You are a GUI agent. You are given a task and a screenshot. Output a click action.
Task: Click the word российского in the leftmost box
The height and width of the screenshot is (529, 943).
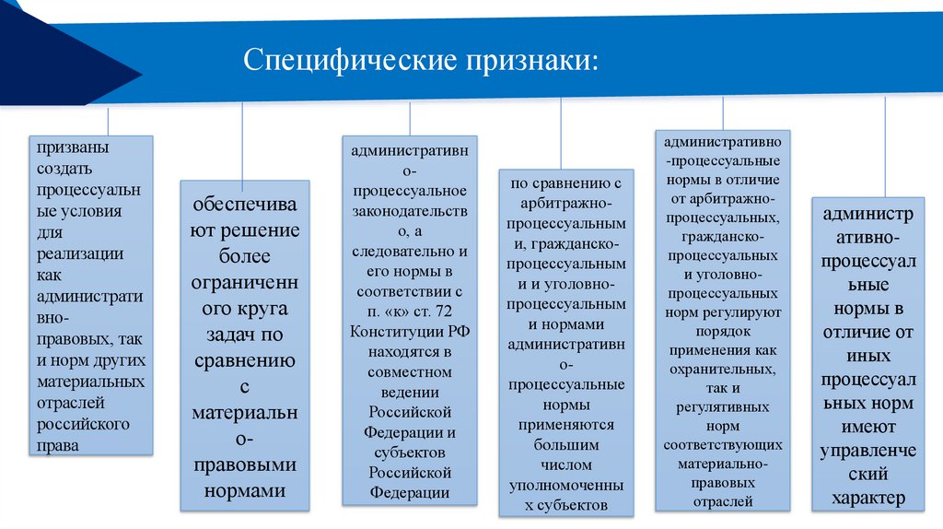tap(84, 424)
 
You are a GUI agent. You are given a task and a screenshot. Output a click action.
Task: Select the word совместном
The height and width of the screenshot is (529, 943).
tap(410, 371)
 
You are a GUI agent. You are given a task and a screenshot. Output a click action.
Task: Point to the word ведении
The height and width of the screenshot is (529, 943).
tap(410, 392)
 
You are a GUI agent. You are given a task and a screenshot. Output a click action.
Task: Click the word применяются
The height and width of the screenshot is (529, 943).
tap(566, 425)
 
